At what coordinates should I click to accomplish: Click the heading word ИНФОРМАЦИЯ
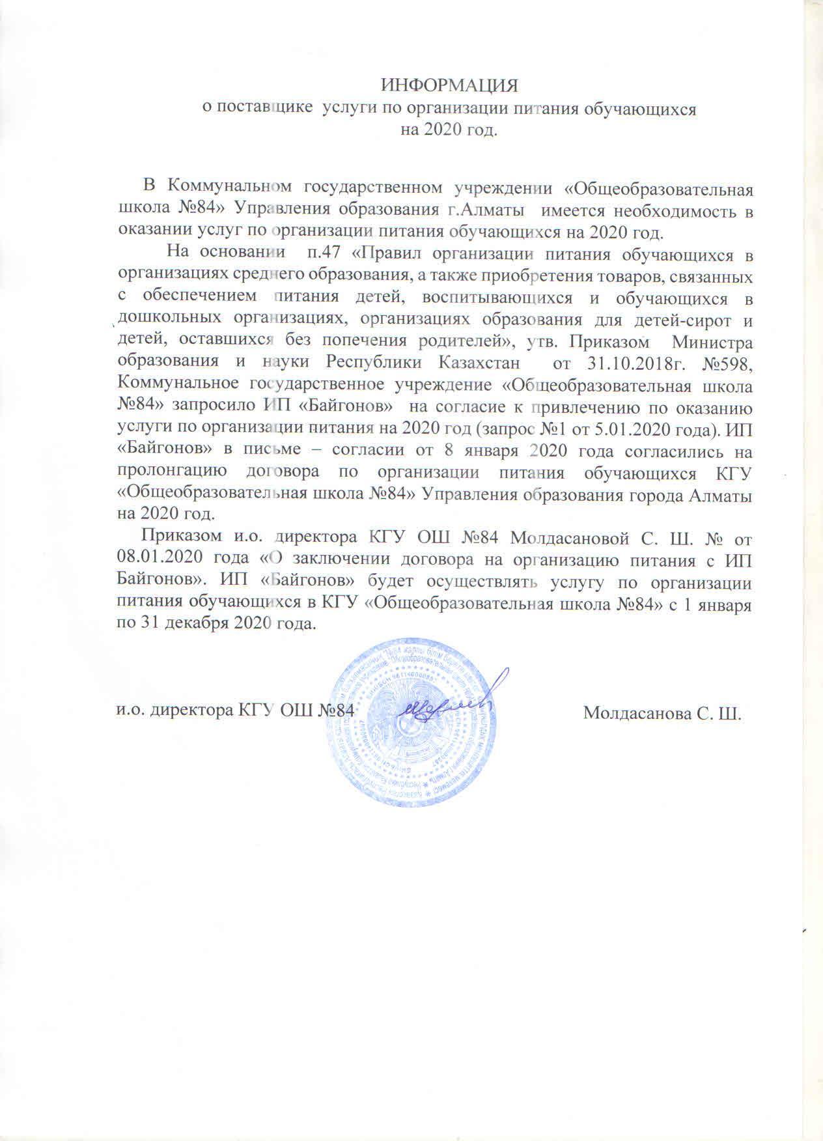(x=449, y=87)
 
